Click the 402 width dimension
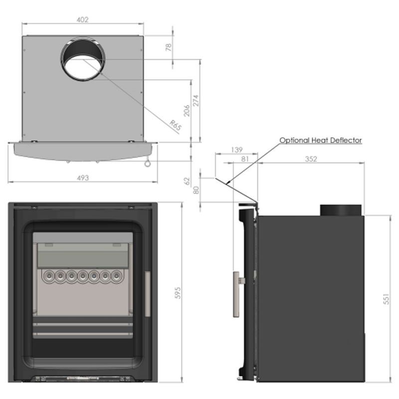(82, 19)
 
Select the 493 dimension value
(83, 178)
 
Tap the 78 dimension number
(169, 47)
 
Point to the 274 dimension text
(196, 101)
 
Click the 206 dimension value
(187, 110)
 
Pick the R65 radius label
(176, 126)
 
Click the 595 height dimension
(178, 293)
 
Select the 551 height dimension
(386, 299)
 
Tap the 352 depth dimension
(311, 159)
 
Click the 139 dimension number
(236, 150)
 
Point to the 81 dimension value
(245, 159)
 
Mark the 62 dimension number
(187, 181)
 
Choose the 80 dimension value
(196, 190)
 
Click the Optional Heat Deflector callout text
(321, 140)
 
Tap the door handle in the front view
(148, 294)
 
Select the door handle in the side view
(236, 294)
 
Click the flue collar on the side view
(341, 210)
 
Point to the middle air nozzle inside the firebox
(83, 276)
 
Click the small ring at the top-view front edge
(148, 164)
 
